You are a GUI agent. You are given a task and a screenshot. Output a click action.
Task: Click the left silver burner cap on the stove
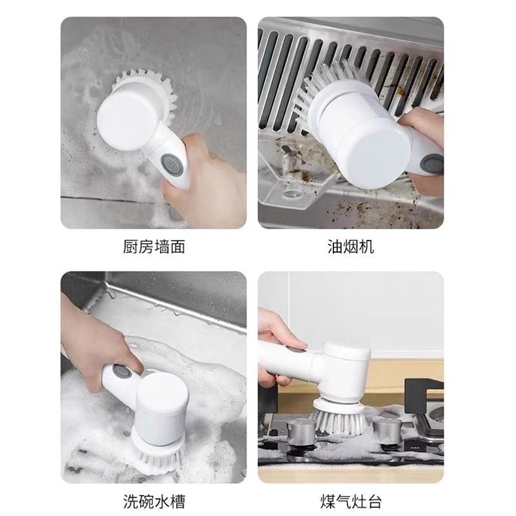point(300,429)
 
